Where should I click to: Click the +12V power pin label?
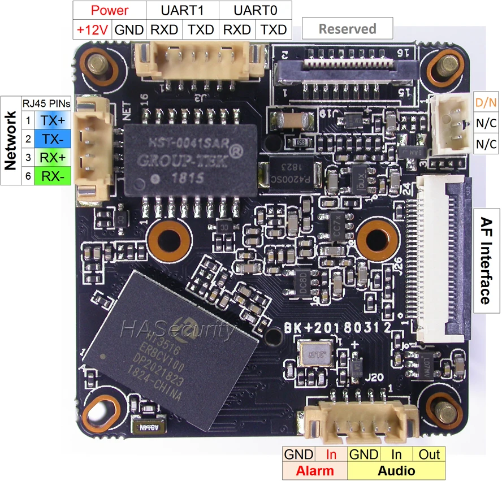(93, 29)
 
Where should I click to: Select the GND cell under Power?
(129, 29)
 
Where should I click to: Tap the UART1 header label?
(182, 10)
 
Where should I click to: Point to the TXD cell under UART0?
(274, 29)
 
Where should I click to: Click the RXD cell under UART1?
(164, 29)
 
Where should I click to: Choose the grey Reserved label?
(347, 28)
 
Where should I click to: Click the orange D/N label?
(486, 103)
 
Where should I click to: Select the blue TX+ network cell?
(53, 120)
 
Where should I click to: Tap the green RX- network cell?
(53, 176)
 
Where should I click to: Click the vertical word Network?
(10, 141)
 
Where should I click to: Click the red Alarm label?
(315, 471)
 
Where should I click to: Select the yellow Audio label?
(396, 471)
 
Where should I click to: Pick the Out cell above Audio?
(429, 454)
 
